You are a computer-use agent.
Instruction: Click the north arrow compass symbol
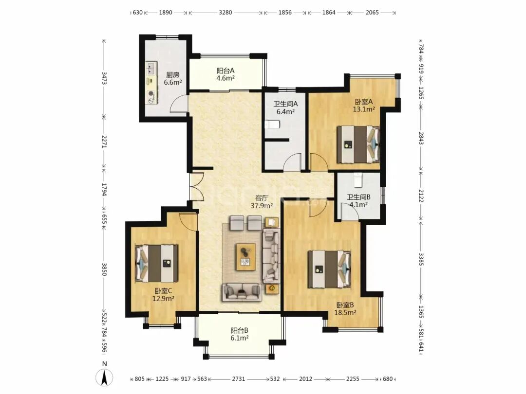pyautogui.click(x=104, y=378)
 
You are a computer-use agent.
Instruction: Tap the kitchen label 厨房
pyautogui.click(x=173, y=75)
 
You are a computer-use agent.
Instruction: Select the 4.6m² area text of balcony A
pyautogui.click(x=225, y=78)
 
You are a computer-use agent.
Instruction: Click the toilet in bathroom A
pyautogui.click(x=272, y=125)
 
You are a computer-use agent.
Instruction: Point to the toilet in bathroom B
pyautogui.click(x=358, y=180)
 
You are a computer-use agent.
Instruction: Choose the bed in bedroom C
pyautogui.click(x=157, y=263)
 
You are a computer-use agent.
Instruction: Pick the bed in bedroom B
pyautogui.click(x=329, y=269)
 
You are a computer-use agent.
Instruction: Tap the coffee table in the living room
pyautogui.click(x=246, y=257)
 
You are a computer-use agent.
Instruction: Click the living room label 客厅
pyautogui.click(x=262, y=198)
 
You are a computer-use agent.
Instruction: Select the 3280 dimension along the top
pyautogui.click(x=225, y=13)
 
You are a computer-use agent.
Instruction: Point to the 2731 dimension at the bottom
pyautogui.click(x=239, y=379)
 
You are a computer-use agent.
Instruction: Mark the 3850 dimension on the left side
pyautogui.click(x=104, y=269)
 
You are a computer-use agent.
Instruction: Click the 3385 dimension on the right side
pyautogui.click(x=421, y=259)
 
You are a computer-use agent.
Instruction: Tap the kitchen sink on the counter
pyautogui.click(x=150, y=69)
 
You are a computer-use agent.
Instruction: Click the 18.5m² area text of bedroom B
pyautogui.click(x=345, y=313)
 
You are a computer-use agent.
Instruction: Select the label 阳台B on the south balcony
pyautogui.click(x=240, y=331)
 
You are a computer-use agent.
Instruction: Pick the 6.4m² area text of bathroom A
pyautogui.click(x=285, y=111)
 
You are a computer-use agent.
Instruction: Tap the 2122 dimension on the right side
pyautogui.click(x=421, y=196)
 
